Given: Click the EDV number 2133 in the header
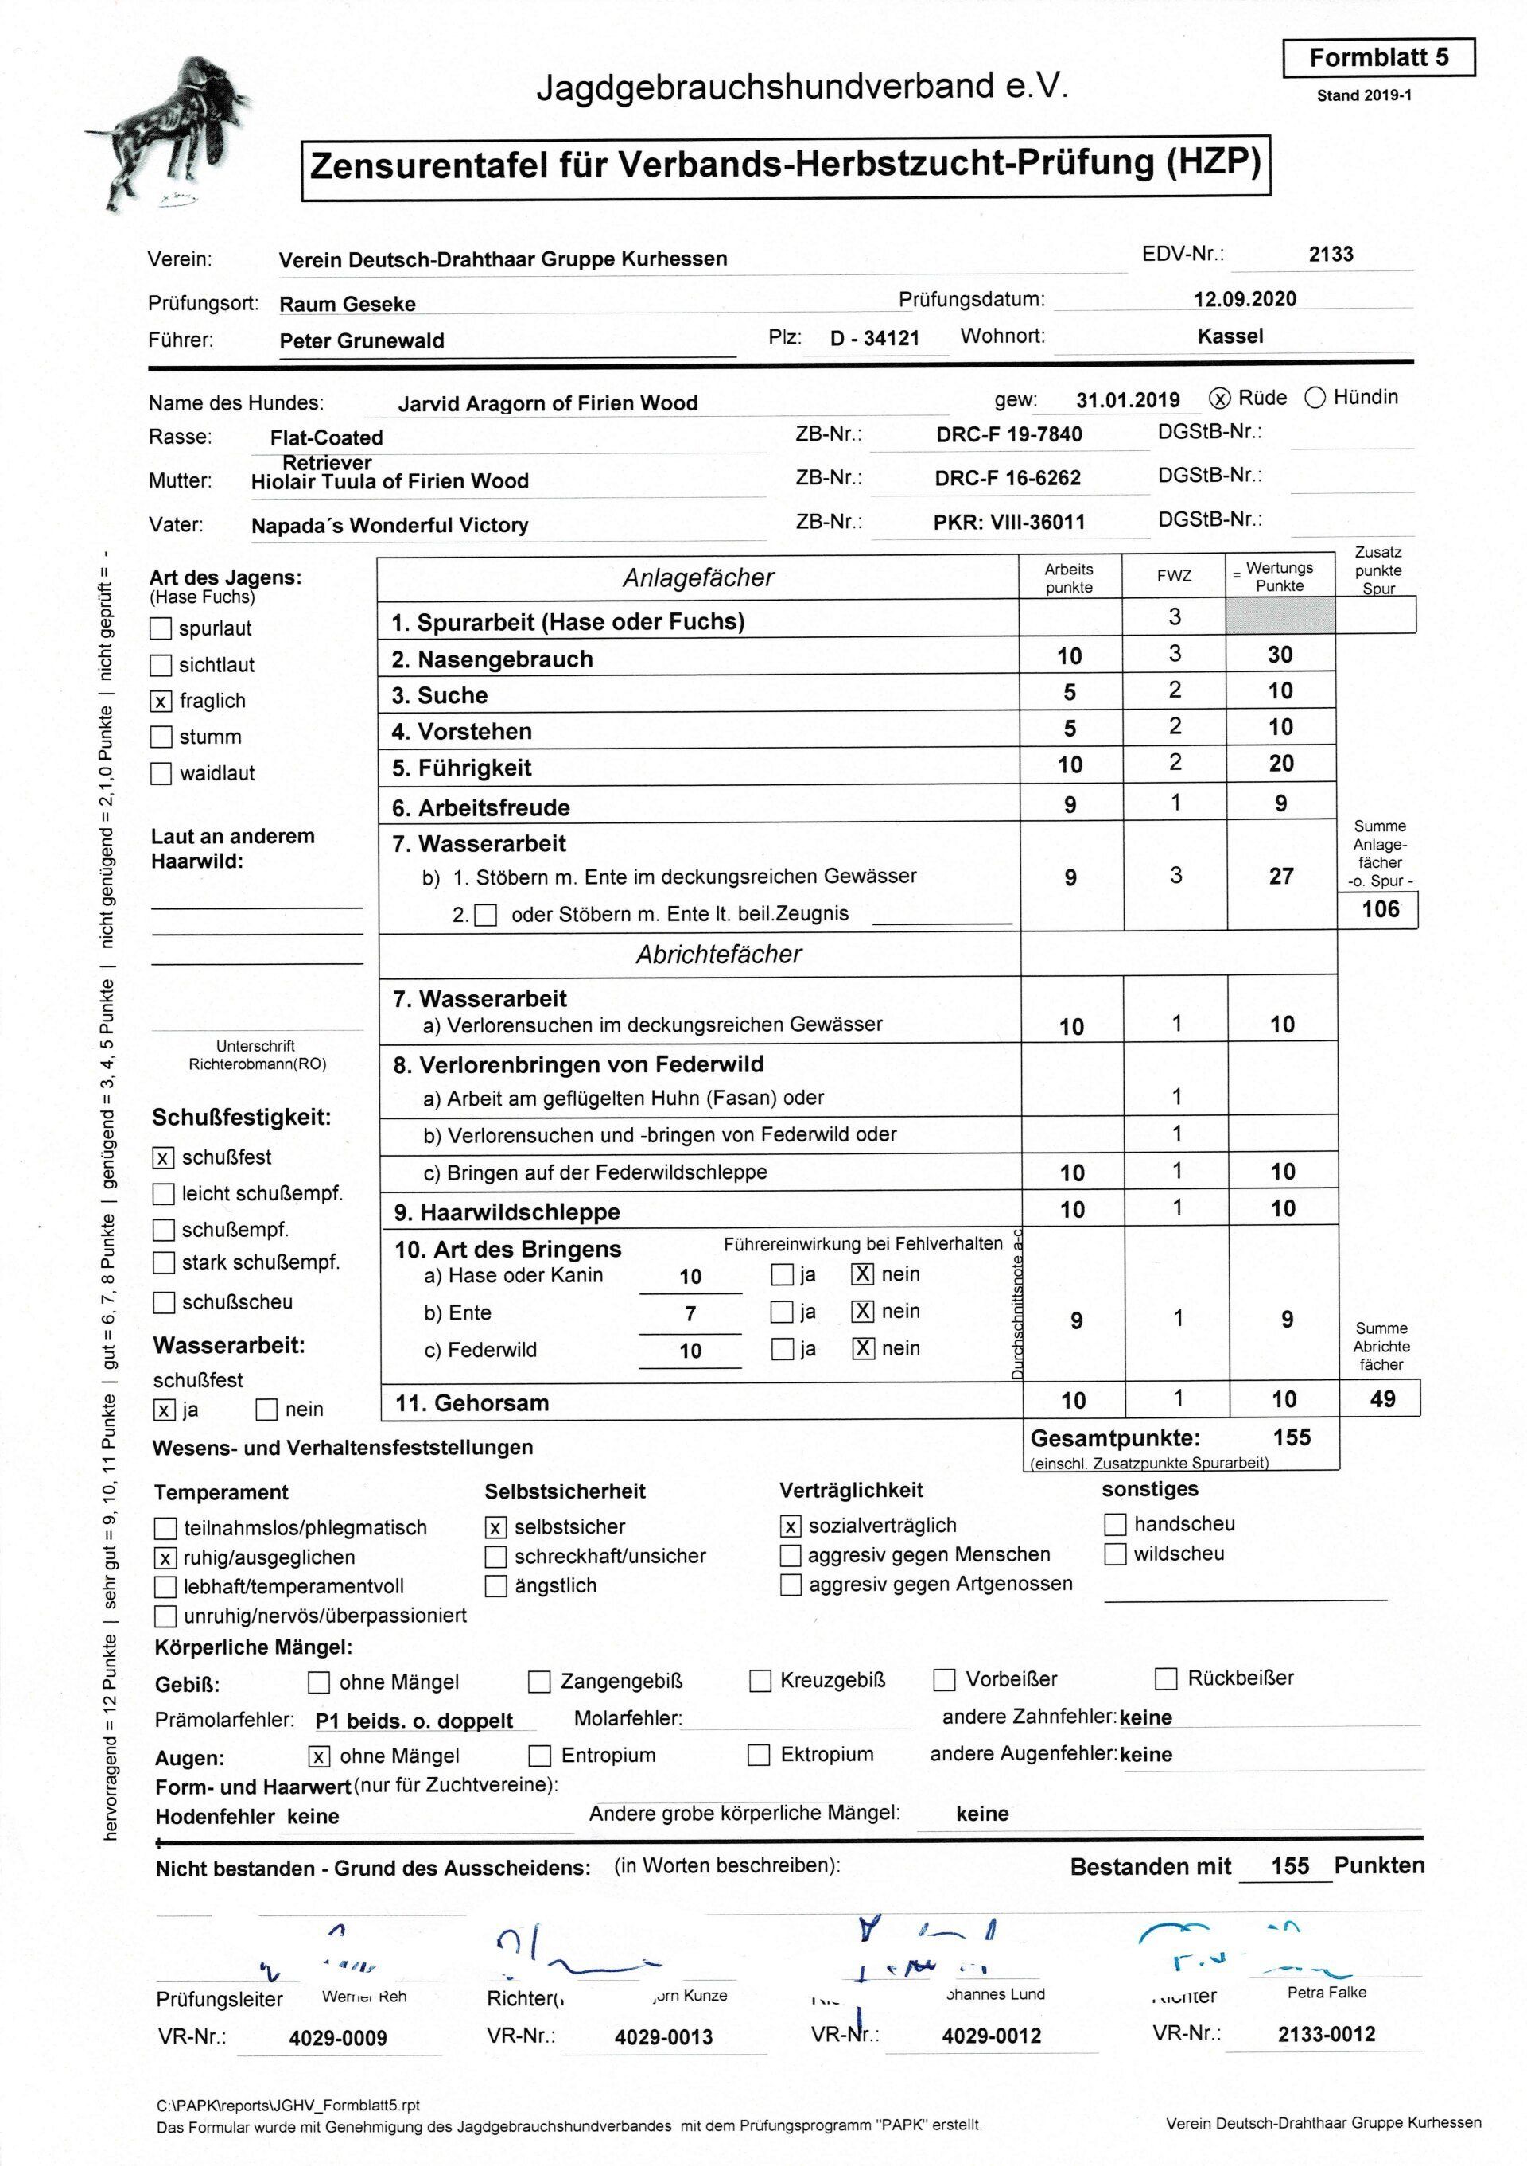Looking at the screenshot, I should click(1331, 254).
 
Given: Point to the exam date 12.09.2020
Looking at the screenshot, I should click(1244, 299).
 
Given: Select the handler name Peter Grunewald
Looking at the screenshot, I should click(361, 341).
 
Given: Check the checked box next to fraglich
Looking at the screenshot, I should click(161, 701).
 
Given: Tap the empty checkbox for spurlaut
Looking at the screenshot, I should click(161, 628).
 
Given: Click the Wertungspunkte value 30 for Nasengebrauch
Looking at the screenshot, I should click(1280, 655).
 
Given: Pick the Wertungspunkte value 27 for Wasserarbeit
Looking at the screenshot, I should click(1280, 877).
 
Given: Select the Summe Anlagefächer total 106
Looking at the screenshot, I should click(1381, 909).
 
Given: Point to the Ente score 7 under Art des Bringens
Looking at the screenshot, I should click(690, 1313).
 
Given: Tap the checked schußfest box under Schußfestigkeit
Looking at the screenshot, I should click(163, 1157).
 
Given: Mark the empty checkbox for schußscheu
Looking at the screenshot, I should click(163, 1303).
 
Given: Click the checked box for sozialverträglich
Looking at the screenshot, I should click(791, 1526).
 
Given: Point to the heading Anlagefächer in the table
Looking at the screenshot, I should click(698, 578).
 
